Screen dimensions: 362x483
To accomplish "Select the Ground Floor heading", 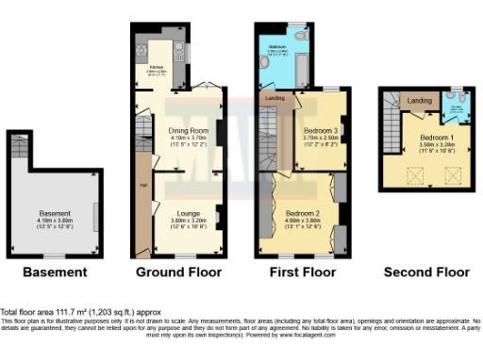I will (x=179, y=272).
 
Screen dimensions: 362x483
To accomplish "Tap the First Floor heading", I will (x=302, y=272).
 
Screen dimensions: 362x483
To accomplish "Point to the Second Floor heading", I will (x=426, y=272).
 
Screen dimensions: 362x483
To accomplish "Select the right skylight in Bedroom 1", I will (x=451, y=175).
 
